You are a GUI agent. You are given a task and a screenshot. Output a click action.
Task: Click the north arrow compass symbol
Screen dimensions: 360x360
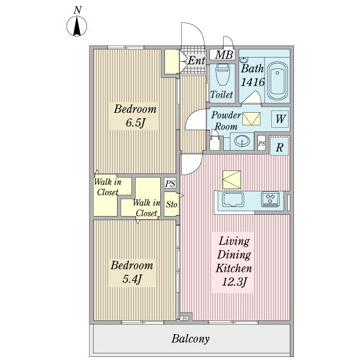[x=77, y=26]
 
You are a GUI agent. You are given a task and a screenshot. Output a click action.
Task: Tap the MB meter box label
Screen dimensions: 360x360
[x=224, y=55]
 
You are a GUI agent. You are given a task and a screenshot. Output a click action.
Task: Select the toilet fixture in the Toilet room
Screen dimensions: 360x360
[x=223, y=75]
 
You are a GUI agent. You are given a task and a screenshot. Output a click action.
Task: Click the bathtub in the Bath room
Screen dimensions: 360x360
[x=278, y=80]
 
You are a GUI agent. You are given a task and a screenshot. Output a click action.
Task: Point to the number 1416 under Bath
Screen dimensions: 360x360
[x=253, y=82]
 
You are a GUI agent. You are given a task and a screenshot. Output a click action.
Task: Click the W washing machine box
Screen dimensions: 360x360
[x=280, y=119]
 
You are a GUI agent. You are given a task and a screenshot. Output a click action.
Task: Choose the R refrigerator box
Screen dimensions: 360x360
[x=279, y=146]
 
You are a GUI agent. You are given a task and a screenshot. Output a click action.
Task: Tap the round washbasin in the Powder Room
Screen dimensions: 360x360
[x=242, y=140]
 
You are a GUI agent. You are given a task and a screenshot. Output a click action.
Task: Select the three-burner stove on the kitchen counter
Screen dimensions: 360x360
[x=270, y=199]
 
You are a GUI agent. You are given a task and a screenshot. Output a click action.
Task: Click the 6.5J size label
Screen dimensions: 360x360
[x=135, y=123]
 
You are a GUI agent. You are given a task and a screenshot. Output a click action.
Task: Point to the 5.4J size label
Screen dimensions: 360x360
[x=131, y=279]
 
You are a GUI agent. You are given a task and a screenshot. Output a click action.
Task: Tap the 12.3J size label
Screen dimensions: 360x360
[x=234, y=282]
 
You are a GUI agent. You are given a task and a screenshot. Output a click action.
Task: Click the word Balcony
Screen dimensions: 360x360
[x=190, y=339]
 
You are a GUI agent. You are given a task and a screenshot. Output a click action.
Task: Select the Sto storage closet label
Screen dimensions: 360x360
[x=172, y=204]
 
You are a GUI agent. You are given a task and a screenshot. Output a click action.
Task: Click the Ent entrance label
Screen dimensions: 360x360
[x=196, y=61]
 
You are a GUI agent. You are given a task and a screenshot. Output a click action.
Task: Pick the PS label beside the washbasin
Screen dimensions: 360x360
[x=262, y=143]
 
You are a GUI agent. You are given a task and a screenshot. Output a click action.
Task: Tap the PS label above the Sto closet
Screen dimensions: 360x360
[x=170, y=184]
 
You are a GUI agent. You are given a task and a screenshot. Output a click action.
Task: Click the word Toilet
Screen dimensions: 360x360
[x=221, y=95]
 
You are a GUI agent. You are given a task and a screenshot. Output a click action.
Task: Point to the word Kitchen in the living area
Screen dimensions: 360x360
[x=234, y=268]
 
